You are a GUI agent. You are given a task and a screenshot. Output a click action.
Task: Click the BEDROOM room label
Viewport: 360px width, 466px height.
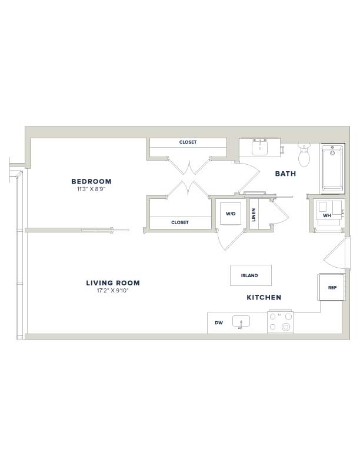92,181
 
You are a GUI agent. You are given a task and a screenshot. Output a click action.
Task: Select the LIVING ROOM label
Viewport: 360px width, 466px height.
113,283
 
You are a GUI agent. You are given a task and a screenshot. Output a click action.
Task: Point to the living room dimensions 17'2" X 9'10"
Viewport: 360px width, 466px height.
112,291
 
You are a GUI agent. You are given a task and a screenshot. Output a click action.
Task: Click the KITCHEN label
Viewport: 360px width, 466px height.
264,297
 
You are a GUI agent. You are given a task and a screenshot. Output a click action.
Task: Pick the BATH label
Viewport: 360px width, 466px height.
285,174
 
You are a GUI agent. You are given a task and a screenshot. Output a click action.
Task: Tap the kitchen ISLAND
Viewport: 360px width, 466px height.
251,275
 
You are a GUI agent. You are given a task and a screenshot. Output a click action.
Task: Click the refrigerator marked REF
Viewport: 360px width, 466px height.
332,287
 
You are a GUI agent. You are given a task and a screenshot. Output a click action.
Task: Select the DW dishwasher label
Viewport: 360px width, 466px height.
219,323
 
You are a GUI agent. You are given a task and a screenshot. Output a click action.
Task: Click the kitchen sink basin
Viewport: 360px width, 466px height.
241,321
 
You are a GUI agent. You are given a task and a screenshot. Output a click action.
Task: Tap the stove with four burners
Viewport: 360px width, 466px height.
280,322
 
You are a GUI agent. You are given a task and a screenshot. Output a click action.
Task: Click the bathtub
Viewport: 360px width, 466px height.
333,168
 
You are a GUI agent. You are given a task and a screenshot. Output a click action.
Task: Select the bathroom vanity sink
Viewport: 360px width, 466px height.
259,148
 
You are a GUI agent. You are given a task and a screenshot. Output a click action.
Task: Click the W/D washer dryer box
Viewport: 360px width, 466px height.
231,214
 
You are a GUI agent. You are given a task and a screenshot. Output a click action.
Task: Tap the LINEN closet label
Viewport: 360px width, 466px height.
254,215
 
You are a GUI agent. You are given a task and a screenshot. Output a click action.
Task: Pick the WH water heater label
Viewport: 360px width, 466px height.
326,215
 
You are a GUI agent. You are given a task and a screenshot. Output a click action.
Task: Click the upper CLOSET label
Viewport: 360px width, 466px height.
188,142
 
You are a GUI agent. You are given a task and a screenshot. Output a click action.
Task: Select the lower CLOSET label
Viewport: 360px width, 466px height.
179,222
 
